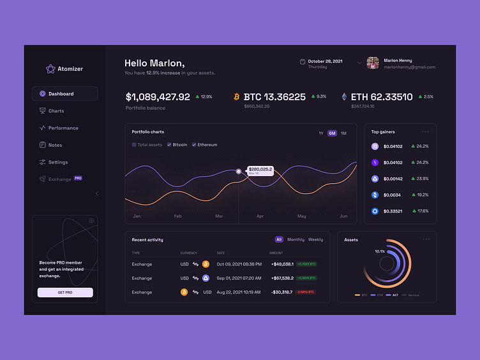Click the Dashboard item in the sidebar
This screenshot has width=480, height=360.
click(61, 94)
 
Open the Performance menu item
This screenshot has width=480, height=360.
click(63, 128)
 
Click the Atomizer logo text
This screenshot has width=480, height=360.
click(70, 69)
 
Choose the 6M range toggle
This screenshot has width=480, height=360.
click(332, 133)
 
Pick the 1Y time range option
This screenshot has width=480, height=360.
click(321, 133)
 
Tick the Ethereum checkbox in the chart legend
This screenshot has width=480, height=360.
click(193, 145)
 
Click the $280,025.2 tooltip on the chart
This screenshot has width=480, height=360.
click(260, 170)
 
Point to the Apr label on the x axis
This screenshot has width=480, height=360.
click(260, 216)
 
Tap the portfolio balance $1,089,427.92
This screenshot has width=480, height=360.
click(158, 97)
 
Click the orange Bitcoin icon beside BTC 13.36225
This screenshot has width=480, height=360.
click(236, 97)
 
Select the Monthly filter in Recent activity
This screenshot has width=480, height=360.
click(296, 240)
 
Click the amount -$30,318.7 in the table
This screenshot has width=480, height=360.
click(281, 292)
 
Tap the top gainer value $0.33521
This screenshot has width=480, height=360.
click(393, 211)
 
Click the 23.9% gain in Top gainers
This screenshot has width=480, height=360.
click(422, 179)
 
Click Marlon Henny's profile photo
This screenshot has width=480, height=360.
click(373, 63)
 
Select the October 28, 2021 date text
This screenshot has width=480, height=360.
click(325, 61)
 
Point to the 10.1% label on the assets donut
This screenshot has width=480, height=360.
click(380, 251)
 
